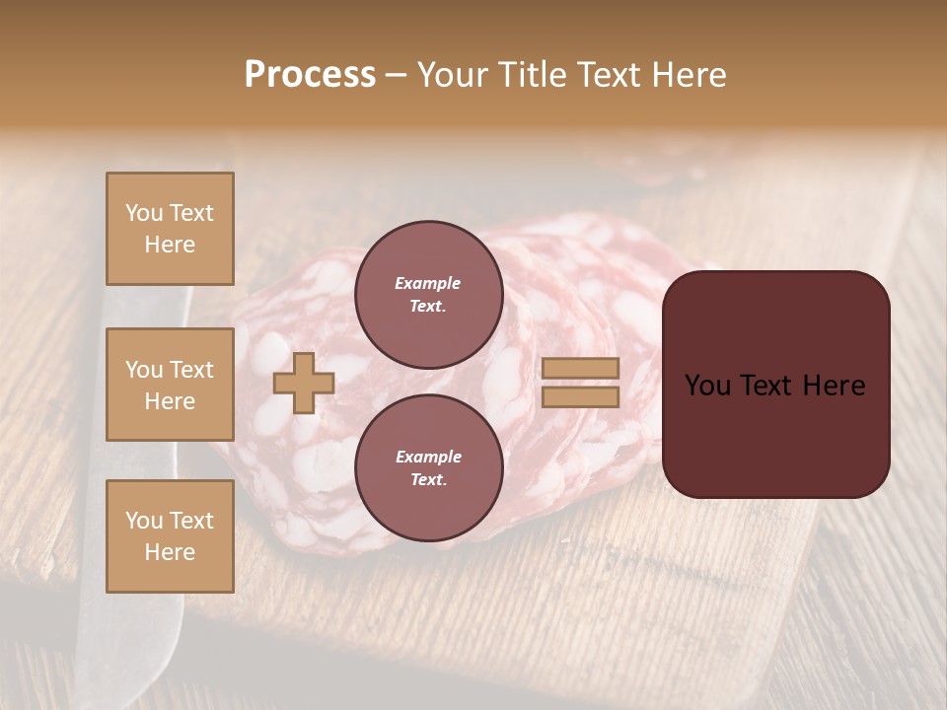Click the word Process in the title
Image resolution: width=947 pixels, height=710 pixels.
click(x=310, y=75)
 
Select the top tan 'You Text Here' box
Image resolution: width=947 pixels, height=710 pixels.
click(x=170, y=229)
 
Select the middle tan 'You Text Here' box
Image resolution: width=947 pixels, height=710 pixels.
click(x=170, y=385)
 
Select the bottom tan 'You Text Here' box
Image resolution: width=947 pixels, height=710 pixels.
click(x=170, y=535)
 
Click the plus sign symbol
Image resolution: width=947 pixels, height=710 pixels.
click(x=304, y=384)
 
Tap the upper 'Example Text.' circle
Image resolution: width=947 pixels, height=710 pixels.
click(x=428, y=295)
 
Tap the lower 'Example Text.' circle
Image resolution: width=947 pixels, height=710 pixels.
click(x=428, y=468)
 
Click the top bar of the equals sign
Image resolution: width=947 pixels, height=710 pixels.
click(x=580, y=369)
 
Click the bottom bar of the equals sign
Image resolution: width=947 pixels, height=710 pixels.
click(x=580, y=397)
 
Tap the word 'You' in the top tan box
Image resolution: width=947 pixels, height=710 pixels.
click(x=145, y=213)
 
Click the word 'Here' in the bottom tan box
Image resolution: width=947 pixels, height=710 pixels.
click(x=170, y=552)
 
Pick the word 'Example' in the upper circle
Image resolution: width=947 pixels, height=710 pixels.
click(x=428, y=283)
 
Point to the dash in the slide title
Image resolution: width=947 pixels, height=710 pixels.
click(x=396, y=75)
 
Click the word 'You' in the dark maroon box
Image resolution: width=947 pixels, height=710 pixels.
click(x=707, y=386)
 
